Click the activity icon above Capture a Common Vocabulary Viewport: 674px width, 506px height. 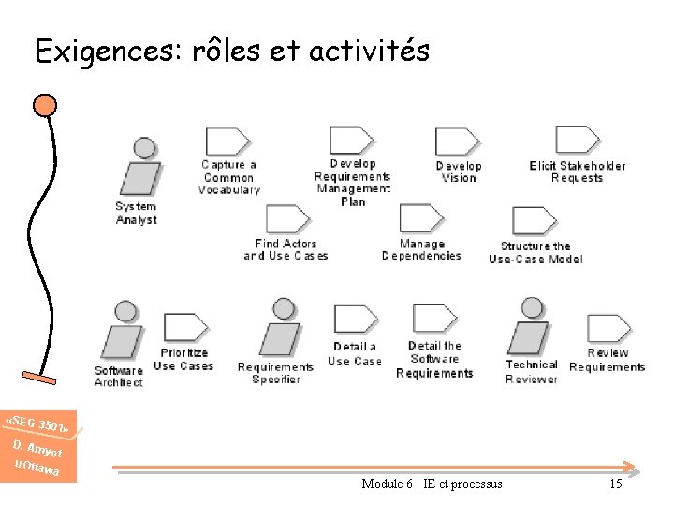(x=227, y=141)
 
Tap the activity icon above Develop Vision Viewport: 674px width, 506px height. (x=458, y=141)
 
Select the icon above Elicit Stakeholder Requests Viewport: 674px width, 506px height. (x=578, y=141)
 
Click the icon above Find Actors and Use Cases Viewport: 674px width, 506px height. (x=286, y=220)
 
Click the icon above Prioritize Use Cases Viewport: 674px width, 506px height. (x=184, y=329)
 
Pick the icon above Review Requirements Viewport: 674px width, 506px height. (x=608, y=329)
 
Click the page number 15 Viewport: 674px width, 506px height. (x=615, y=484)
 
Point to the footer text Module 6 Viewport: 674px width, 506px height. (x=431, y=484)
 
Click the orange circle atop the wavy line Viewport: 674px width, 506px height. (x=45, y=104)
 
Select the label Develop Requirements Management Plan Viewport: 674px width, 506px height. (x=353, y=183)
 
